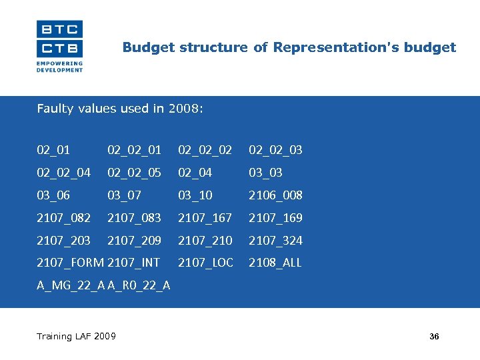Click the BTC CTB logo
click(x=59, y=45)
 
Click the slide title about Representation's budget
click(x=289, y=47)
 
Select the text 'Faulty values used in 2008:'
click(x=119, y=109)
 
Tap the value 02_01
click(x=53, y=150)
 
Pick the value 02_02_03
click(x=275, y=150)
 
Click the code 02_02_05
click(x=134, y=173)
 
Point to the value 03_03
click(x=265, y=173)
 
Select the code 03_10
click(x=195, y=195)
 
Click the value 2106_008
click(x=275, y=195)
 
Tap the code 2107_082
click(x=63, y=218)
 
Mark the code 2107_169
click(x=275, y=218)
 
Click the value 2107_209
click(x=134, y=241)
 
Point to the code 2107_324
click(x=275, y=241)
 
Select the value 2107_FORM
click(x=70, y=263)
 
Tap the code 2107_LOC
click(x=205, y=263)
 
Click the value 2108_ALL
click(x=275, y=263)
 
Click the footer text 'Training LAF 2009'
click(x=76, y=336)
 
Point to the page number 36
click(x=434, y=337)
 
